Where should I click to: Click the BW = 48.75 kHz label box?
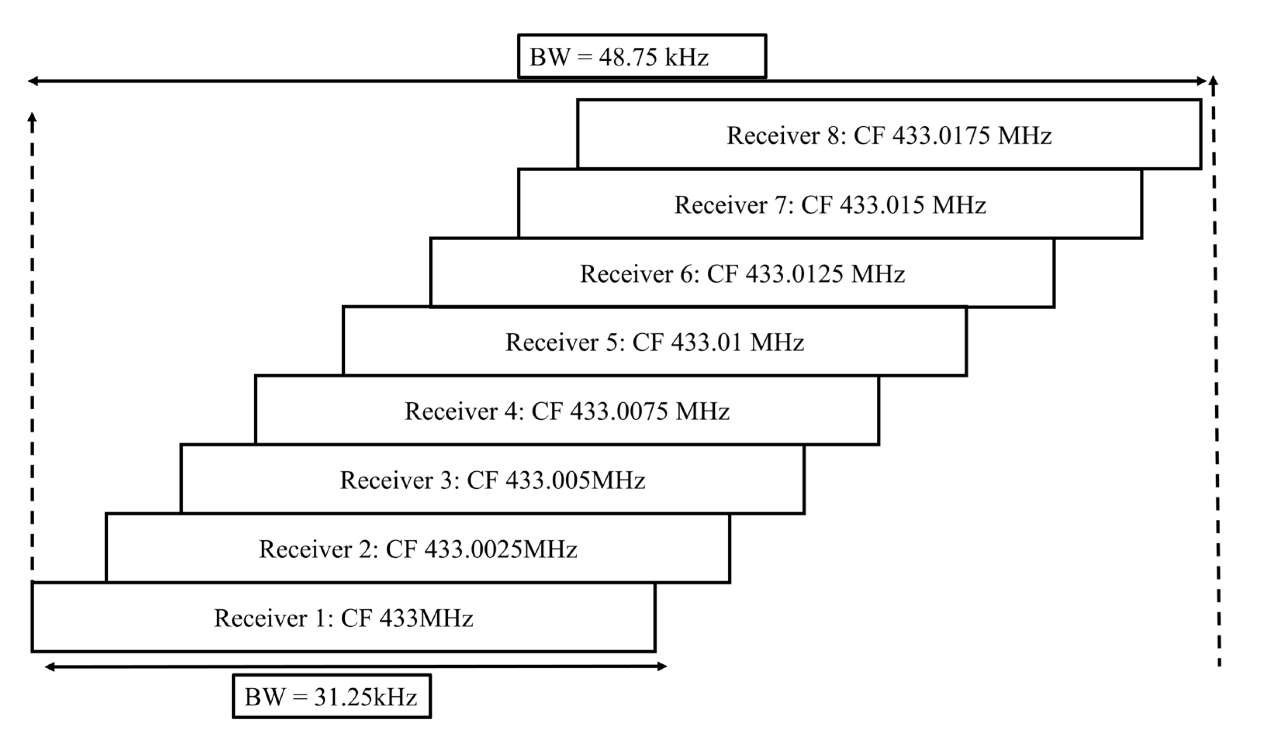pos(641,56)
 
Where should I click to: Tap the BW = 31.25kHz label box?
pos(332,696)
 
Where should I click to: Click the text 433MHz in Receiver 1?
pos(426,618)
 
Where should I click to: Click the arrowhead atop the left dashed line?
pos(32,117)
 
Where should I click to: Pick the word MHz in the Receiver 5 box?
pos(777,343)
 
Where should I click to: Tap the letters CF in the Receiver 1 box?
pos(356,618)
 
